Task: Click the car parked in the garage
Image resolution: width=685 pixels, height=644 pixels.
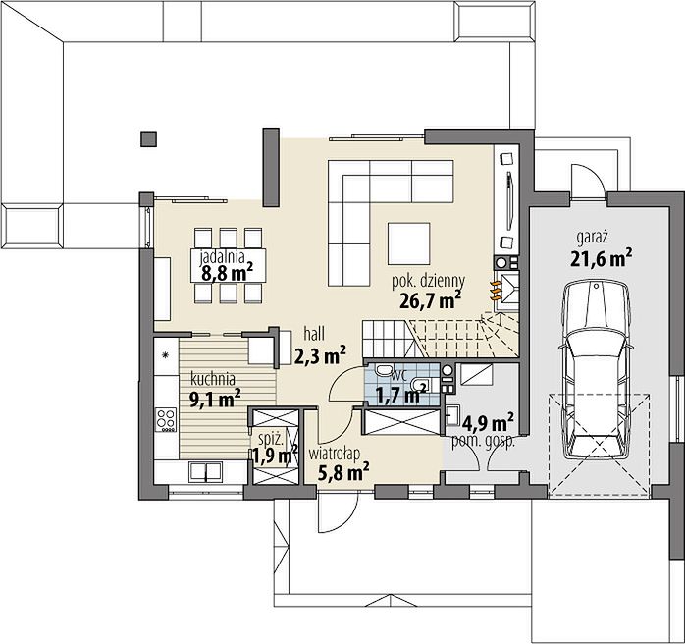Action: (597, 370)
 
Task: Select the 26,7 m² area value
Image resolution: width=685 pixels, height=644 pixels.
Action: (430, 300)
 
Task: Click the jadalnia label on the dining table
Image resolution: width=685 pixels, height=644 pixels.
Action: (223, 258)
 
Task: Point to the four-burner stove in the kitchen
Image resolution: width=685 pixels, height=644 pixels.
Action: (166, 419)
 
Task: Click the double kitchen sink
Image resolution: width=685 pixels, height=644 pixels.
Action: (205, 472)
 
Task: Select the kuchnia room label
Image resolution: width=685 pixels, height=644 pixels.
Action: (213, 379)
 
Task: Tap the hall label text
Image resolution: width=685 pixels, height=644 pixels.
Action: (314, 334)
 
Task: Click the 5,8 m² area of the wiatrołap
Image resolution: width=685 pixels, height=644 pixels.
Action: (343, 472)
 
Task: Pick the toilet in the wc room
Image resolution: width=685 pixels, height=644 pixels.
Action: (385, 370)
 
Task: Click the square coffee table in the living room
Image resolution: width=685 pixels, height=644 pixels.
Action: (409, 242)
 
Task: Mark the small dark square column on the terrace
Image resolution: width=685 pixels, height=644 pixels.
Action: (148, 138)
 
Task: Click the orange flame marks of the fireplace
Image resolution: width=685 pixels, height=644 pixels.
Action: (495, 291)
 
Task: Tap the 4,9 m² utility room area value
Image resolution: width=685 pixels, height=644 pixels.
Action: (488, 422)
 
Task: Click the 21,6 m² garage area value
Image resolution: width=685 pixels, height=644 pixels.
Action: (601, 258)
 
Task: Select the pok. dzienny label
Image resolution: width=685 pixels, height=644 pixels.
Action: (428, 282)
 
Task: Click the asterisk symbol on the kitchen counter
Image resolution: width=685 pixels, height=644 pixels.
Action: (166, 354)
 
